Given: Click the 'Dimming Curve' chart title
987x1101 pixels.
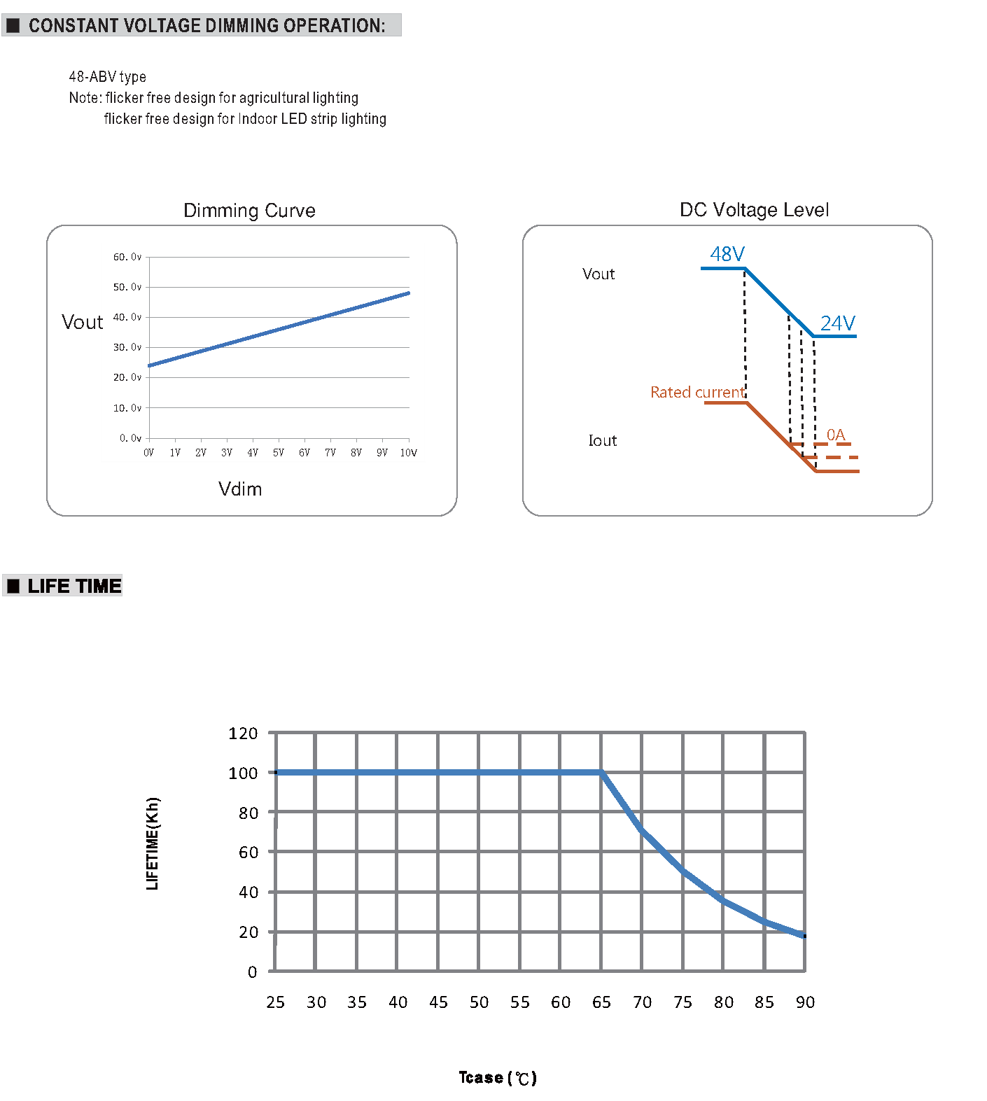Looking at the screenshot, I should (249, 211).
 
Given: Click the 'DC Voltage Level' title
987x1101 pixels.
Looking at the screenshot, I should (754, 210).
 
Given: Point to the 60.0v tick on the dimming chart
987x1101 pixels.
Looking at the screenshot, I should (127, 257).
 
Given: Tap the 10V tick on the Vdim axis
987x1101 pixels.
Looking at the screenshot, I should (408, 453).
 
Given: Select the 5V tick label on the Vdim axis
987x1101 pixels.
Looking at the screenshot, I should (279, 453).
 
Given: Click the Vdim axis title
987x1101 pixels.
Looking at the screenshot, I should (240, 489).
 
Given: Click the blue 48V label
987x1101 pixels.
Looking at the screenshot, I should (727, 254).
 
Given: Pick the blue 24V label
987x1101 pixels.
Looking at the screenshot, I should (837, 323).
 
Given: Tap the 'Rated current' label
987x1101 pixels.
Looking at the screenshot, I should (697, 393).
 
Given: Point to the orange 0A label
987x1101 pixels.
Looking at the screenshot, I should (836, 435).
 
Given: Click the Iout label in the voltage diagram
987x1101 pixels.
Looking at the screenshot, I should (602, 441).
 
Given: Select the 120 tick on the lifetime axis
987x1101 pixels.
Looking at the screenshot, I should (243, 734).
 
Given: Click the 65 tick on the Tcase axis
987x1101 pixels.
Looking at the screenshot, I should (601, 1002).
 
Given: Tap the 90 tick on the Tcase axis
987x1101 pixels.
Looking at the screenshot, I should (805, 1002).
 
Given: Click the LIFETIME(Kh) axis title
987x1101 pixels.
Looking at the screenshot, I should (153, 843).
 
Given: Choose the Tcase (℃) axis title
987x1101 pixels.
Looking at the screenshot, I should (497, 1078).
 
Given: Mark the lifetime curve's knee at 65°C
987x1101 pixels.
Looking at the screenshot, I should (601, 772).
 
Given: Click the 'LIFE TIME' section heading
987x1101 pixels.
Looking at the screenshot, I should (74, 586).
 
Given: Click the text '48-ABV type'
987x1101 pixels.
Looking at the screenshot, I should (107, 77).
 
